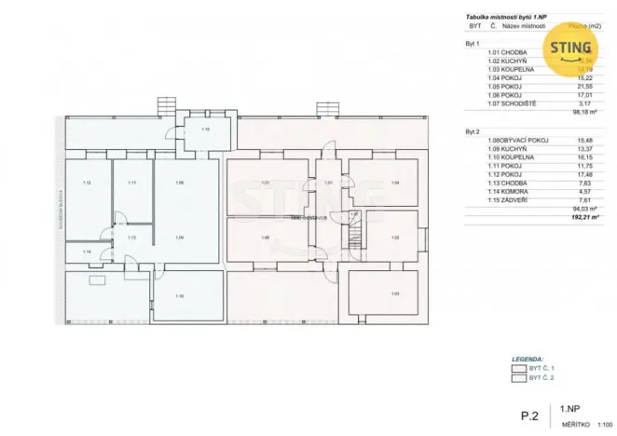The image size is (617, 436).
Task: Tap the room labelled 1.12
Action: [x=87, y=184]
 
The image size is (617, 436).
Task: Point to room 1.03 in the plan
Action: [x=395, y=293]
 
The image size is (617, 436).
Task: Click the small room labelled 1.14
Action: [x=87, y=252]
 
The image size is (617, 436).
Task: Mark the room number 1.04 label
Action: [x=395, y=183]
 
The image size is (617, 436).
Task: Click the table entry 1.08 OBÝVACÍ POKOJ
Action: [x=518, y=140]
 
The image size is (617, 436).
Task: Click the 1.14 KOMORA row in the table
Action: [x=509, y=191]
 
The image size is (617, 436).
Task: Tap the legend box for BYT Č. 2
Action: [x=518, y=379]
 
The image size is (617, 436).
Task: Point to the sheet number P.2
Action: [x=529, y=415]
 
